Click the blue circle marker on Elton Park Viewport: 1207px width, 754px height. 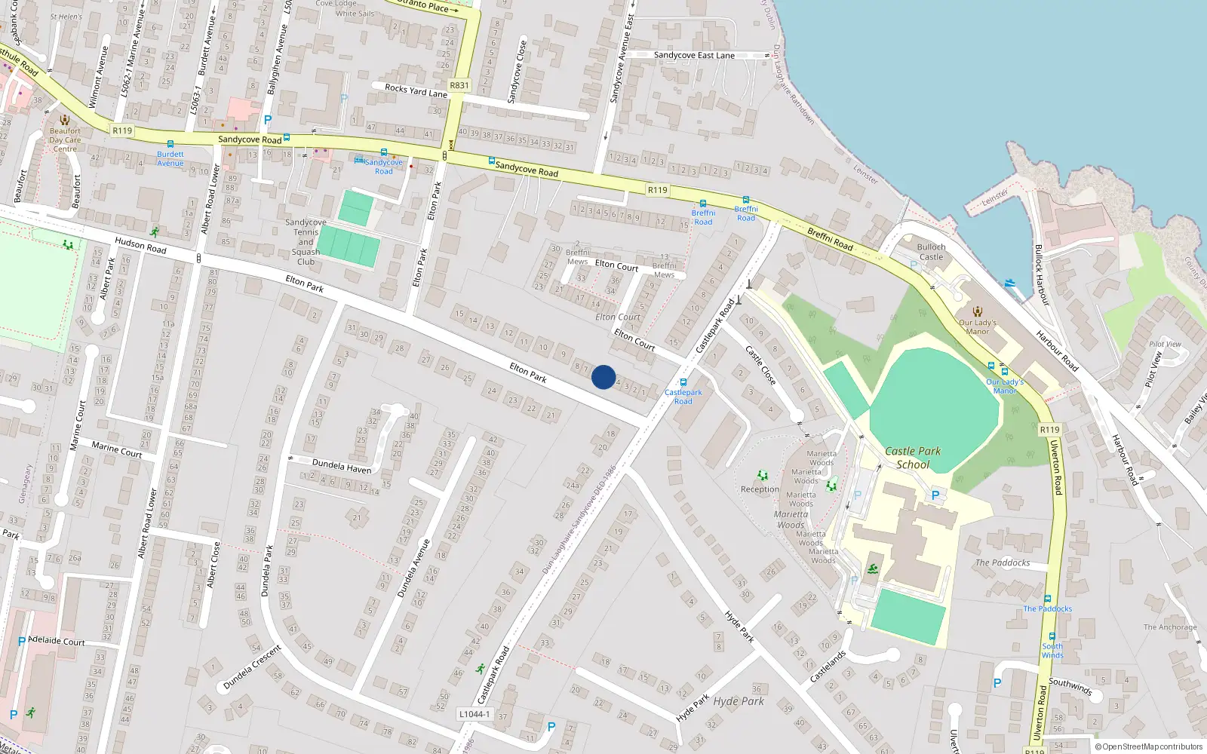(x=603, y=377)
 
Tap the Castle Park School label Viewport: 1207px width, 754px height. (x=913, y=458)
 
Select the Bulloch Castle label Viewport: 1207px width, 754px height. (x=931, y=252)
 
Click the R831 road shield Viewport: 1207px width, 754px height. (x=459, y=85)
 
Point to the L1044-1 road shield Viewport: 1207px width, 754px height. (x=475, y=714)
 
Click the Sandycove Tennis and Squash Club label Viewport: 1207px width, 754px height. (x=306, y=242)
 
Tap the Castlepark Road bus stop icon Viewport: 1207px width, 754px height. (x=683, y=382)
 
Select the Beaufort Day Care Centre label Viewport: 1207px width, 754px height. (x=65, y=139)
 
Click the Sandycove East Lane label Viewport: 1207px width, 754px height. (x=694, y=55)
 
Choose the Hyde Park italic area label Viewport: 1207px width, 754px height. (x=739, y=701)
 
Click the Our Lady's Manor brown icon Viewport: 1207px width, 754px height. (x=978, y=311)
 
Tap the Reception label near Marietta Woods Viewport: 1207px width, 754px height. (x=760, y=489)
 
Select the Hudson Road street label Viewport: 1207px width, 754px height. (x=140, y=245)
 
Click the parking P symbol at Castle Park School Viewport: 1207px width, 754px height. (x=935, y=495)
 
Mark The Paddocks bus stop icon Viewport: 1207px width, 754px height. (x=1048, y=599)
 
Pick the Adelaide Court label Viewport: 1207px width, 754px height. (x=57, y=641)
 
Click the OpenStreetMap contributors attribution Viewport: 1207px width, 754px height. (x=1148, y=747)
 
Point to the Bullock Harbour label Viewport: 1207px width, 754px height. (x=1042, y=274)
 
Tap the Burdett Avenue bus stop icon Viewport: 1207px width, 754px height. (x=170, y=144)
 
